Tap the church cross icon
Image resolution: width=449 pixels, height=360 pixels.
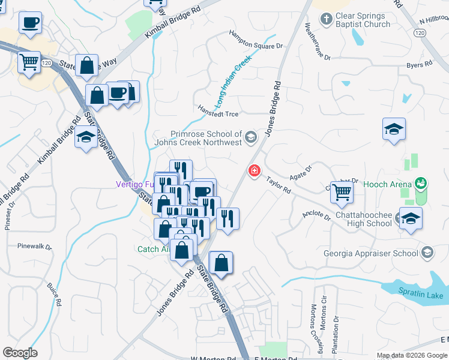coord(326,20)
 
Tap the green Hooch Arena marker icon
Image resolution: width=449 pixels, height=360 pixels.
coord(421,183)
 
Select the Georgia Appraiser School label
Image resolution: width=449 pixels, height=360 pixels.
coord(372,253)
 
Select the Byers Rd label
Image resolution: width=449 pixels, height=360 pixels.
coord(419,64)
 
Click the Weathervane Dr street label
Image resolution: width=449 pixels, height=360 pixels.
coord(318,42)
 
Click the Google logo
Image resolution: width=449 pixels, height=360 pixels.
coord(20,352)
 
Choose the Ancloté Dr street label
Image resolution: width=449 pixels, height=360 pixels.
coord(317,215)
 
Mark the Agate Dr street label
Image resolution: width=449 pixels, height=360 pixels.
coord(300,171)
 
